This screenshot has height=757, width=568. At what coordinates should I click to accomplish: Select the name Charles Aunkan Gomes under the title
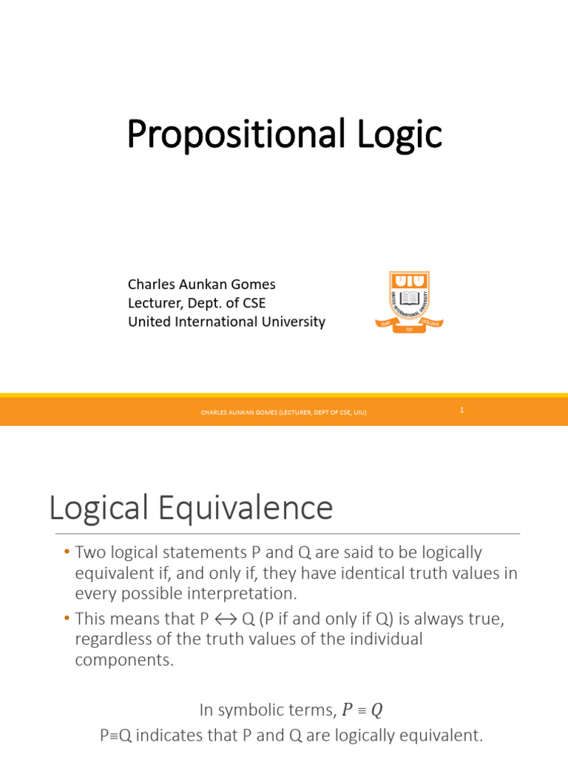click(201, 284)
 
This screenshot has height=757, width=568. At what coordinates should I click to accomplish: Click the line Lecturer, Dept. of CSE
click(196, 302)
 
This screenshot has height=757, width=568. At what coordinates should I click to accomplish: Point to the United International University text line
click(226, 322)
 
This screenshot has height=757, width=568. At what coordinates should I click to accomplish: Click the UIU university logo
click(409, 302)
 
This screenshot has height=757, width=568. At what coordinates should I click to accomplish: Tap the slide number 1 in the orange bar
click(461, 410)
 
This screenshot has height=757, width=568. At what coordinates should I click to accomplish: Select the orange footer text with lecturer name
click(284, 413)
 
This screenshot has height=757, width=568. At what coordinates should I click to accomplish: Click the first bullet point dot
click(66, 553)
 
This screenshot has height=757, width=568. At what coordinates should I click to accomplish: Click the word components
click(124, 659)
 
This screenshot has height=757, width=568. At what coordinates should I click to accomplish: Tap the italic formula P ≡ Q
click(362, 710)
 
